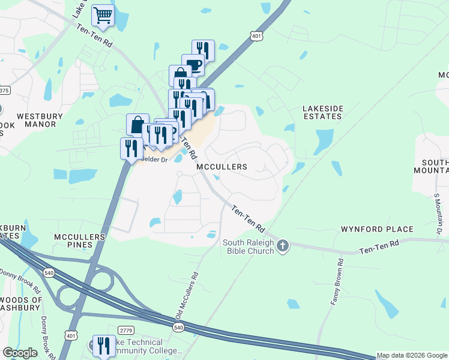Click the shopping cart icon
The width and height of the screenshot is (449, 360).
click(103, 15)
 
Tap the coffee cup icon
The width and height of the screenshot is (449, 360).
click(193, 65)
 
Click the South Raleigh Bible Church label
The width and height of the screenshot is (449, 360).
click(249, 247)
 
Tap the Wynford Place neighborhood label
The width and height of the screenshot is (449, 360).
click(377, 229)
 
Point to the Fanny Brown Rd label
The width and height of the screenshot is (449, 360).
click(336, 281)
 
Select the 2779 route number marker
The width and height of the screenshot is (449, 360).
click(125, 330)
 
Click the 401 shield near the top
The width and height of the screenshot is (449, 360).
click(256, 37)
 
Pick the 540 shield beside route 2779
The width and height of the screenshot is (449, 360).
click(178, 327)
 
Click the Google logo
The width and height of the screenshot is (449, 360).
click(20, 353)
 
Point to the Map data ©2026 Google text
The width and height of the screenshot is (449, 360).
click(412, 355)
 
